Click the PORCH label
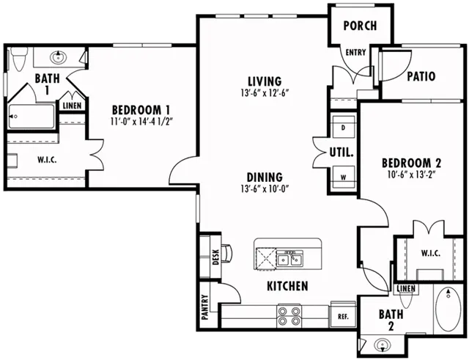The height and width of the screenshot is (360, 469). [x=360, y=26]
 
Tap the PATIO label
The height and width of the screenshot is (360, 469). [x=421, y=76]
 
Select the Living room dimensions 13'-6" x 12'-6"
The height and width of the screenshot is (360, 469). [x=265, y=93]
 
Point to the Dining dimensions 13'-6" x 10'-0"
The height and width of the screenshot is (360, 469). [x=265, y=189]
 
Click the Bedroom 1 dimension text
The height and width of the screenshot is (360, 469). [x=141, y=122]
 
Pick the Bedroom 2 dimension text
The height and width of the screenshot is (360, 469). [x=411, y=175]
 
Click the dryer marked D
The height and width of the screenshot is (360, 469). [x=344, y=127]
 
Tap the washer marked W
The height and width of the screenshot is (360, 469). [x=344, y=177]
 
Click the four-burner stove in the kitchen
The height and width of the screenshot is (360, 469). [x=289, y=316]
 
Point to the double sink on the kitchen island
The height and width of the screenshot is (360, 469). [x=289, y=259]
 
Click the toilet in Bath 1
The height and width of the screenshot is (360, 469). [x=18, y=59]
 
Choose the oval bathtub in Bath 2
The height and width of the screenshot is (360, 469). [x=448, y=309]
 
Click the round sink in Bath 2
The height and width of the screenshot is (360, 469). [x=383, y=345]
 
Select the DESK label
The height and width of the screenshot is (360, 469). [x=215, y=257]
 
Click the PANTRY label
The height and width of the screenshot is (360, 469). [x=205, y=307]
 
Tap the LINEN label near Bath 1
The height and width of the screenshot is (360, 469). [x=72, y=106]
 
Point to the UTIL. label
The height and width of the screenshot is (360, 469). [x=341, y=153]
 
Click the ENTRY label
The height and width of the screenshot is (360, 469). [x=355, y=52]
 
